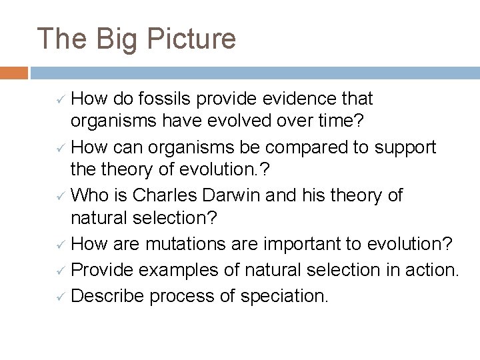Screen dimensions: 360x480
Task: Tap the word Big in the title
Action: coord(116,39)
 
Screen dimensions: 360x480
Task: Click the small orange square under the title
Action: coord(14,72)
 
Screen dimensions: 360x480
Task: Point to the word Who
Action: coord(87,195)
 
